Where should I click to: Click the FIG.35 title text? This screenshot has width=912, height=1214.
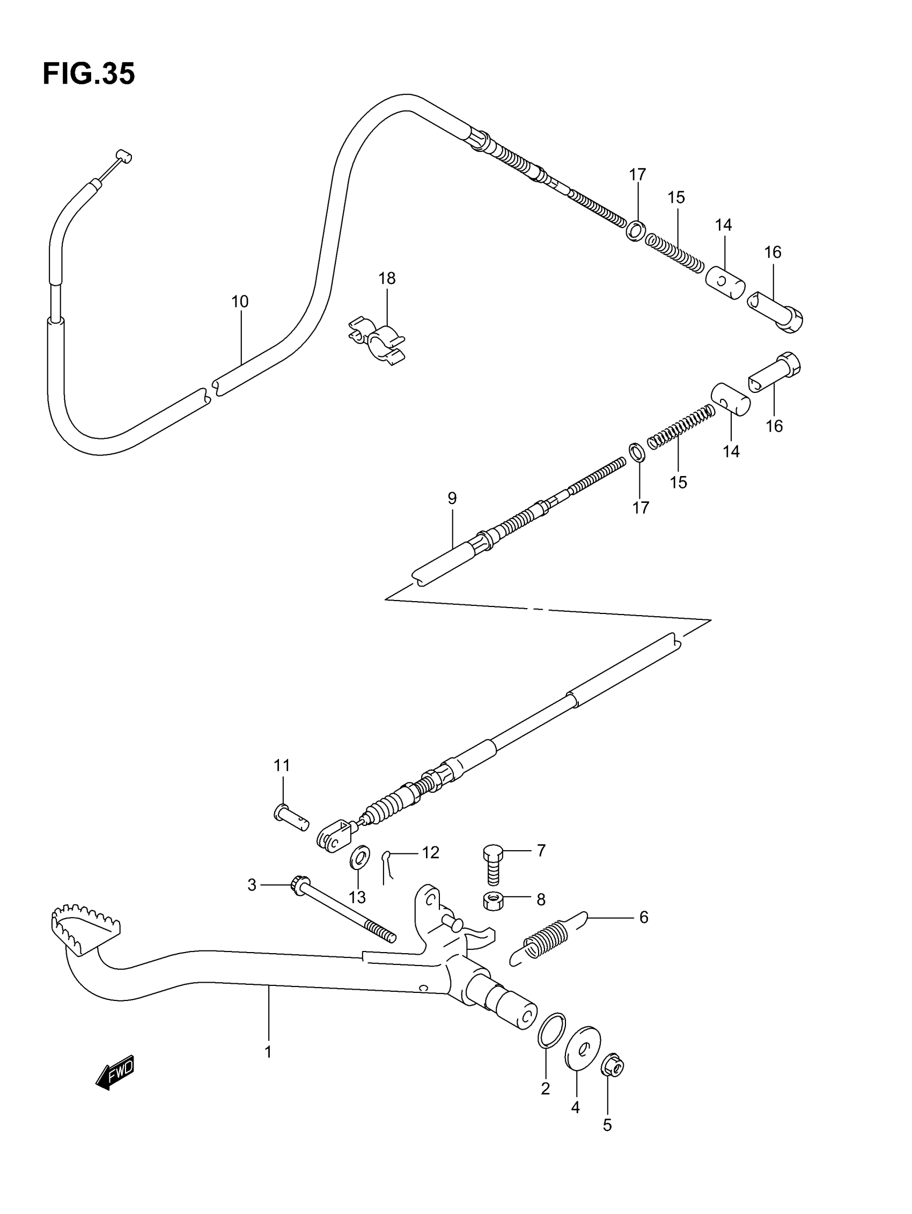[89, 74]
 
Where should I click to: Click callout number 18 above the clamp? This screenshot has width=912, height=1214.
[386, 278]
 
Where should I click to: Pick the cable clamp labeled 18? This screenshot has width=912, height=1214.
[378, 342]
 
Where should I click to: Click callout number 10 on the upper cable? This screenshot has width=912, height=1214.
[240, 301]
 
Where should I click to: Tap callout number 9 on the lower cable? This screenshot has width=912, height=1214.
[452, 499]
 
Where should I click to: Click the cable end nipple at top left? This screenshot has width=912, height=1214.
[124, 157]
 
